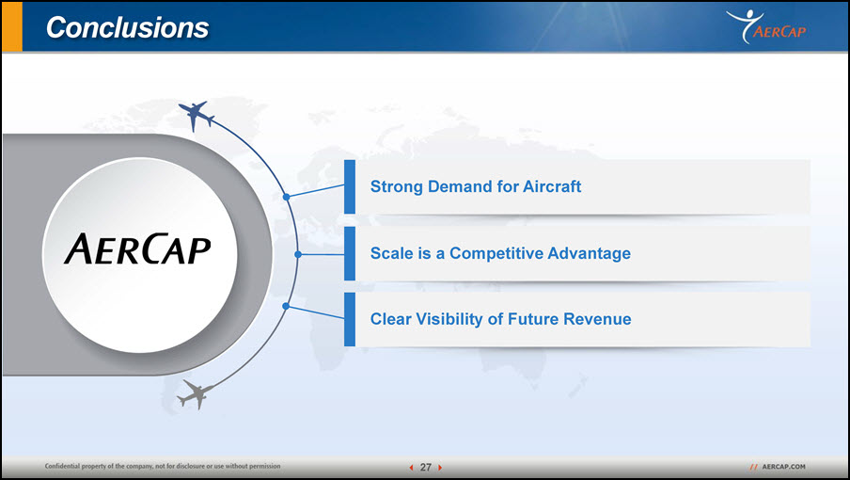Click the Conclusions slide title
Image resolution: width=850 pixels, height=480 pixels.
tap(127, 27)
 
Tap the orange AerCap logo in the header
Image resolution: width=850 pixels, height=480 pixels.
tap(766, 26)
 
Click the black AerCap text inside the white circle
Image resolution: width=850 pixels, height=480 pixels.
tap(137, 249)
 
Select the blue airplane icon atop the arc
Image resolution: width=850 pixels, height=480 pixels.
tap(196, 115)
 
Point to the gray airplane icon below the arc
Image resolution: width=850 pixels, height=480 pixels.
tap(195, 394)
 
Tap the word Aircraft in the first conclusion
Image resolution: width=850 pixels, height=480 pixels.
tap(552, 186)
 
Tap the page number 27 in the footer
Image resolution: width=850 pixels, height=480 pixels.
tap(426, 467)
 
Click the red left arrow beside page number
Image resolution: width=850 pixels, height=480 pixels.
tap(412, 468)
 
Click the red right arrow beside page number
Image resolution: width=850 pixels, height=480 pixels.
tap(440, 468)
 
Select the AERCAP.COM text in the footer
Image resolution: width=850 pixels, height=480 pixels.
tap(783, 467)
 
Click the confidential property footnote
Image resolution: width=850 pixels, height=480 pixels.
tap(163, 466)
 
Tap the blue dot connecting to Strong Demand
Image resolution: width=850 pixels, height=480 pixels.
tap(286, 197)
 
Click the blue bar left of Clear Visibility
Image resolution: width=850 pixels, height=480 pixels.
tap(350, 319)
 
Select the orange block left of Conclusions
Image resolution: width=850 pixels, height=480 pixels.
tap(12, 26)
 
